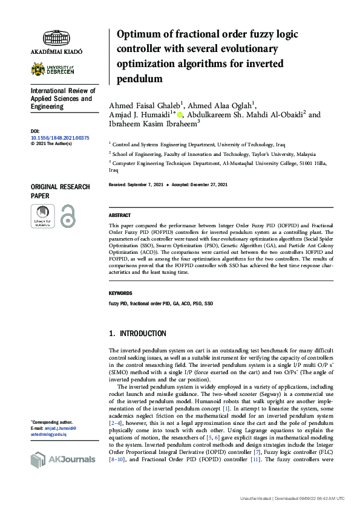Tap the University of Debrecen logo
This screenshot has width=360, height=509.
(x=56, y=69)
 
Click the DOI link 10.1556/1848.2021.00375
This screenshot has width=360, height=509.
(x=59, y=138)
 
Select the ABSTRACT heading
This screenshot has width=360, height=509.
(x=119, y=216)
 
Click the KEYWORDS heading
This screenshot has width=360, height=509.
(x=120, y=293)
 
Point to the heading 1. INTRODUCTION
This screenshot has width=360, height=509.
(x=137, y=334)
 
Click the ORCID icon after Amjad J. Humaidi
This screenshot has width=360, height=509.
(x=180, y=114)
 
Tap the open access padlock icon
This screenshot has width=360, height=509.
(x=68, y=215)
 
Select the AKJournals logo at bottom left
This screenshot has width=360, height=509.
(x=62, y=459)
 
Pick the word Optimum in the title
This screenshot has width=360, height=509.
(x=140, y=34)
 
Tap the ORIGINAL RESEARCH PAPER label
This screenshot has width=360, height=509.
(x=60, y=191)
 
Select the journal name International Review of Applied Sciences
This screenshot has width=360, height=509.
(x=61, y=99)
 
